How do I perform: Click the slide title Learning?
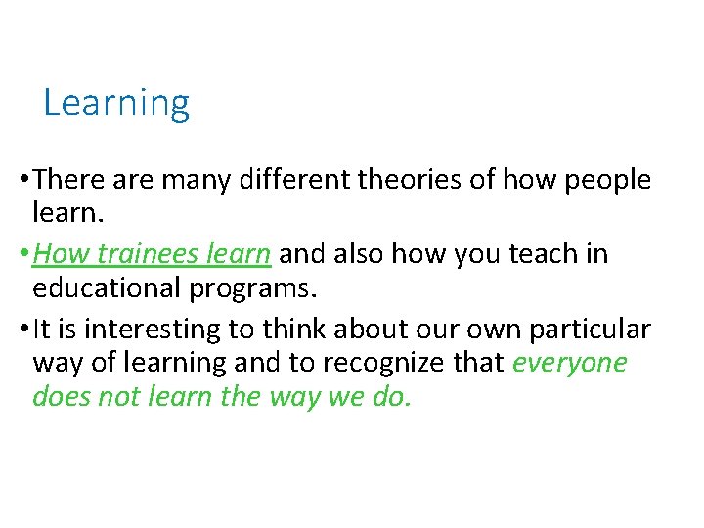(x=116, y=103)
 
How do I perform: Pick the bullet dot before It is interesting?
(x=22, y=329)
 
